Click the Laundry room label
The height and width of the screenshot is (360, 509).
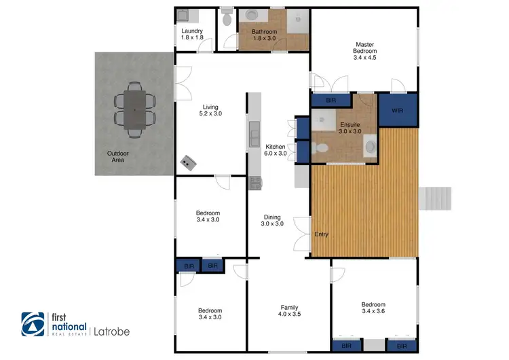click(x=193, y=34)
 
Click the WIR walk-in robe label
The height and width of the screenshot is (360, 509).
click(x=397, y=109)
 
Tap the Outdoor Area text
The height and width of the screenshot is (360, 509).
click(x=117, y=158)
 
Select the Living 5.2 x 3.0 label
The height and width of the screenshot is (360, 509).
click(x=210, y=111)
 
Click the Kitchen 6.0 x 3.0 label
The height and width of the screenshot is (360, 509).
click(x=275, y=151)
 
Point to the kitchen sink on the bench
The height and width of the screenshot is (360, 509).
click(x=254, y=129)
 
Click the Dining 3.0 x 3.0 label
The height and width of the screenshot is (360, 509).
click(x=273, y=221)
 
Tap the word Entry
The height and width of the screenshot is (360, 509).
click(x=322, y=235)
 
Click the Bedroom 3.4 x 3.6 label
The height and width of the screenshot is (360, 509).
click(x=373, y=308)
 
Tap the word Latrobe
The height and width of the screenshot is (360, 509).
click(x=111, y=332)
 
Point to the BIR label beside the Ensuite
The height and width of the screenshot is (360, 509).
click(x=331, y=101)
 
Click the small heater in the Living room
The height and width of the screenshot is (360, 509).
click(x=188, y=162)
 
